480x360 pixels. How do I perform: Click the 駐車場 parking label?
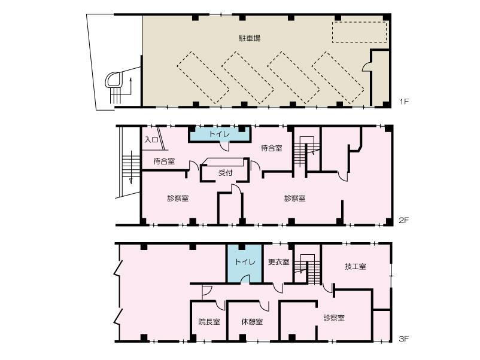coord(250,38)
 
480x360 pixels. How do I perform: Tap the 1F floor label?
coord(404,101)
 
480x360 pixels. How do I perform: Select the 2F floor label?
coord(404,220)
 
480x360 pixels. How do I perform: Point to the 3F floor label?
coord(404,338)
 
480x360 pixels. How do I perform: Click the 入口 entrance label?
coord(151,140)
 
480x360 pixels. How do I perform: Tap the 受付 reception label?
coord(225,173)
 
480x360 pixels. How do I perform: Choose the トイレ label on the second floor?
coord(220,134)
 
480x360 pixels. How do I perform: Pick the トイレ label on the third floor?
coord(245,262)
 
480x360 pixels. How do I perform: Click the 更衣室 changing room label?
coord(278,262)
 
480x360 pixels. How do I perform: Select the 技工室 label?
coord(355,266)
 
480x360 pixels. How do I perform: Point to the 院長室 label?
coord(209,322)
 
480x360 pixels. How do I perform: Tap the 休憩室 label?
coord(252,322)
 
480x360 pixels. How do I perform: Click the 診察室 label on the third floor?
coord(334,318)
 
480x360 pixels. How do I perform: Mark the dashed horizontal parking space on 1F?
coord(359,32)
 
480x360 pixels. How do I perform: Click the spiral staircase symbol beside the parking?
coord(114,80)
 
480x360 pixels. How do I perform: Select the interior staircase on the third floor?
coord(307,270)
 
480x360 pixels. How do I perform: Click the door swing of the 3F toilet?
coord(245,279)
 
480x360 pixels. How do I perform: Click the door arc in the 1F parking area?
coord(366,67)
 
